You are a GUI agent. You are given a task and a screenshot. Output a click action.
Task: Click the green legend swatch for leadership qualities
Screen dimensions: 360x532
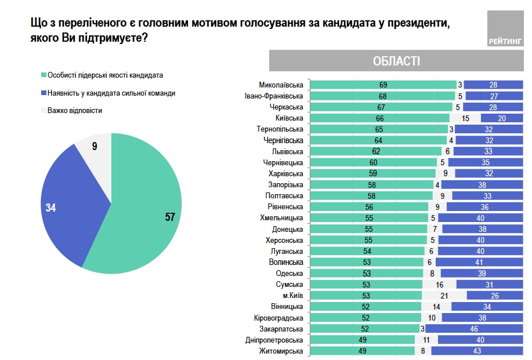(x=43, y=75)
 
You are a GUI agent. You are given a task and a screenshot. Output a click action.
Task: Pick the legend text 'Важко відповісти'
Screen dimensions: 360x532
(x=74, y=111)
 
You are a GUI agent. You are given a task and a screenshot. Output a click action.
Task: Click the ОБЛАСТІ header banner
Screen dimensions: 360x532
(x=396, y=61)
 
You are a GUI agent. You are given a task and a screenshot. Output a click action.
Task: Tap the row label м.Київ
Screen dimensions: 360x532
(x=292, y=296)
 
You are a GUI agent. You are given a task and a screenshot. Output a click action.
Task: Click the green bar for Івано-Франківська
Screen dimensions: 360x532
(x=382, y=96)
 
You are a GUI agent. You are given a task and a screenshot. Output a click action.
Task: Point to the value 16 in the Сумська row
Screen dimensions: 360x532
(x=440, y=285)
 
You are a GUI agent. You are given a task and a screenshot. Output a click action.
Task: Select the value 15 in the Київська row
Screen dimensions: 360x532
(x=465, y=118)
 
